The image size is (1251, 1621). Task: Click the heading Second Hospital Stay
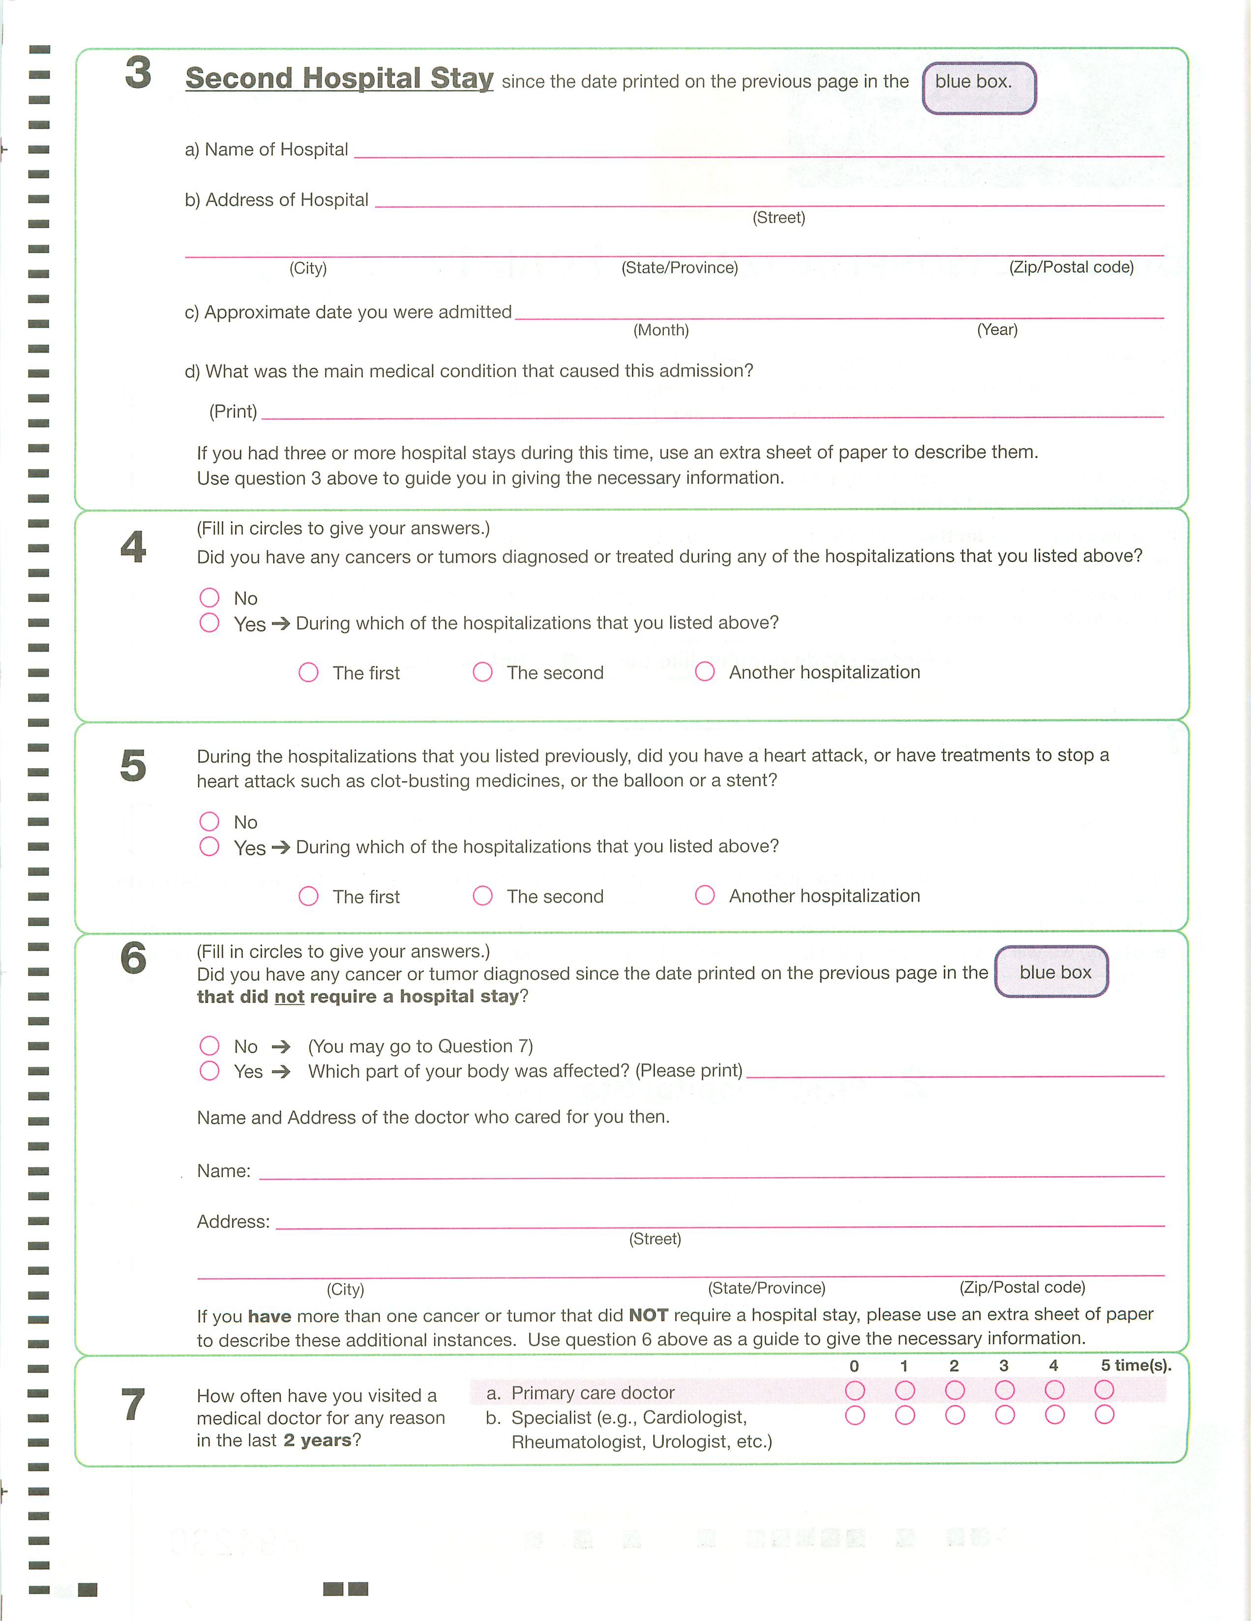339,79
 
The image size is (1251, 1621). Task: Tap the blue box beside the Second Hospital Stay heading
978,88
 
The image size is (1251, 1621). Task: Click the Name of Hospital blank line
758,153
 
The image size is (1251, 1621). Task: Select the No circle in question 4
209,598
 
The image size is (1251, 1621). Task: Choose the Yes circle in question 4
209,623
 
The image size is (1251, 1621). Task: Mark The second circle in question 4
482,672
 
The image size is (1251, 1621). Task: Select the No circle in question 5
209,822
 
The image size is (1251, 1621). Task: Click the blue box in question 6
1051,971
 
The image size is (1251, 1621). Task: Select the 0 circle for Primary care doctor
855,1390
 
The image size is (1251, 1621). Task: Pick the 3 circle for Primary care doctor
1005,1390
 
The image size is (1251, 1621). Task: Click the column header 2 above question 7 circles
954,1366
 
